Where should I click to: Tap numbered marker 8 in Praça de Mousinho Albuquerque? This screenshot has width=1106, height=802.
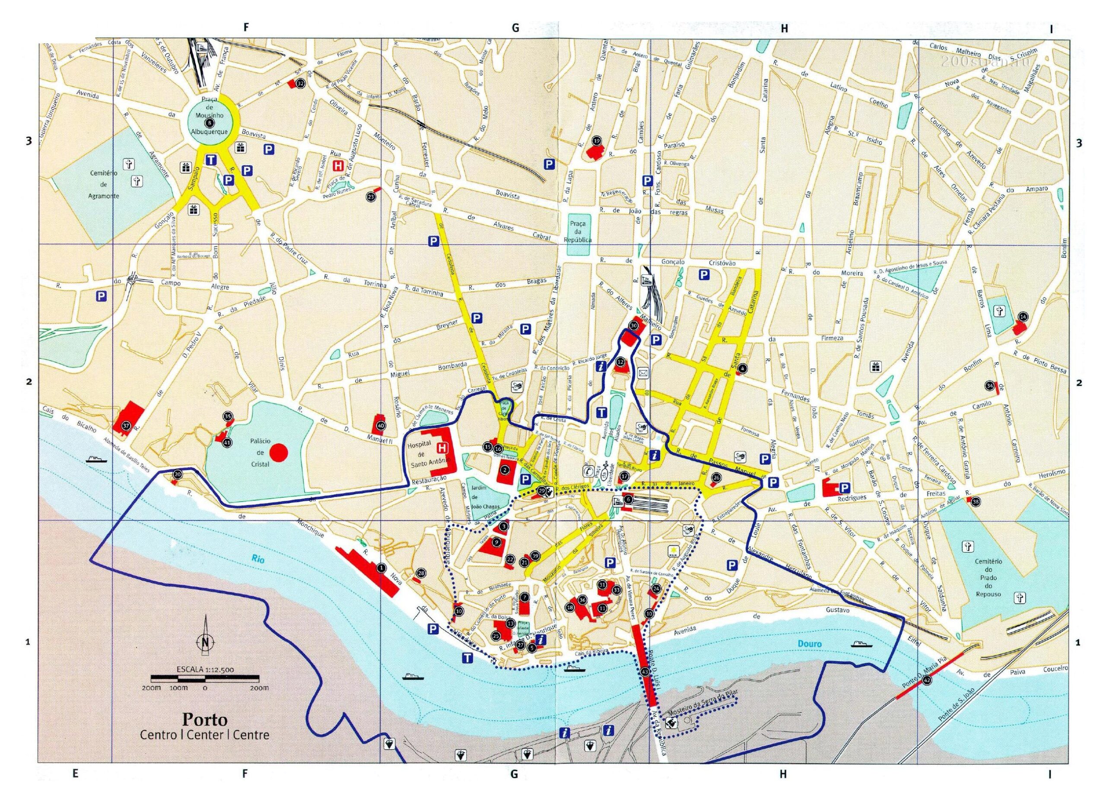pyautogui.click(x=209, y=122)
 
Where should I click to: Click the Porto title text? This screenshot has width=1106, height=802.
pyautogui.click(x=205, y=719)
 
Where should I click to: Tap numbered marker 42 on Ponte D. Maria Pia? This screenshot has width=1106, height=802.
pyautogui.click(x=927, y=680)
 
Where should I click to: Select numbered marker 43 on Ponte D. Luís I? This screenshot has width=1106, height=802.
pyautogui.click(x=645, y=671)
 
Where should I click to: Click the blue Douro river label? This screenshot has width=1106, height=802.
pyautogui.click(x=810, y=643)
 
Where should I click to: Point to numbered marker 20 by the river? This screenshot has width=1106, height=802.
pyautogui.click(x=178, y=474)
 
